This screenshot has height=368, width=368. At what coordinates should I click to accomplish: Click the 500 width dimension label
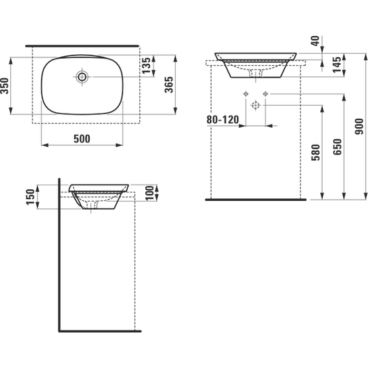[82, 139]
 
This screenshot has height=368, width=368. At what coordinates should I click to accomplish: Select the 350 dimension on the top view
[5, 86]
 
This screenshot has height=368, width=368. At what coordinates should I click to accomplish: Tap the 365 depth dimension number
[169, 85]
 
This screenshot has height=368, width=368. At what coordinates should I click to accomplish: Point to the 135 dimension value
[146, 66]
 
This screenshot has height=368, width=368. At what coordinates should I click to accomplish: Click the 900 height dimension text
[359, 127]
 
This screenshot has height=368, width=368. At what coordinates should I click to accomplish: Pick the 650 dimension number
[337, 147]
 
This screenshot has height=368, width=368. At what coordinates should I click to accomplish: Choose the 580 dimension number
[316, 152]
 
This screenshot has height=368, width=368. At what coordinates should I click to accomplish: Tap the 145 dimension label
[337, 65]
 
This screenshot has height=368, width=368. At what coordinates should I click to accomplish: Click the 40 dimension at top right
[316, 41]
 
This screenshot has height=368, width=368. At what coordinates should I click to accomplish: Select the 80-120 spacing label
[223, 120]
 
